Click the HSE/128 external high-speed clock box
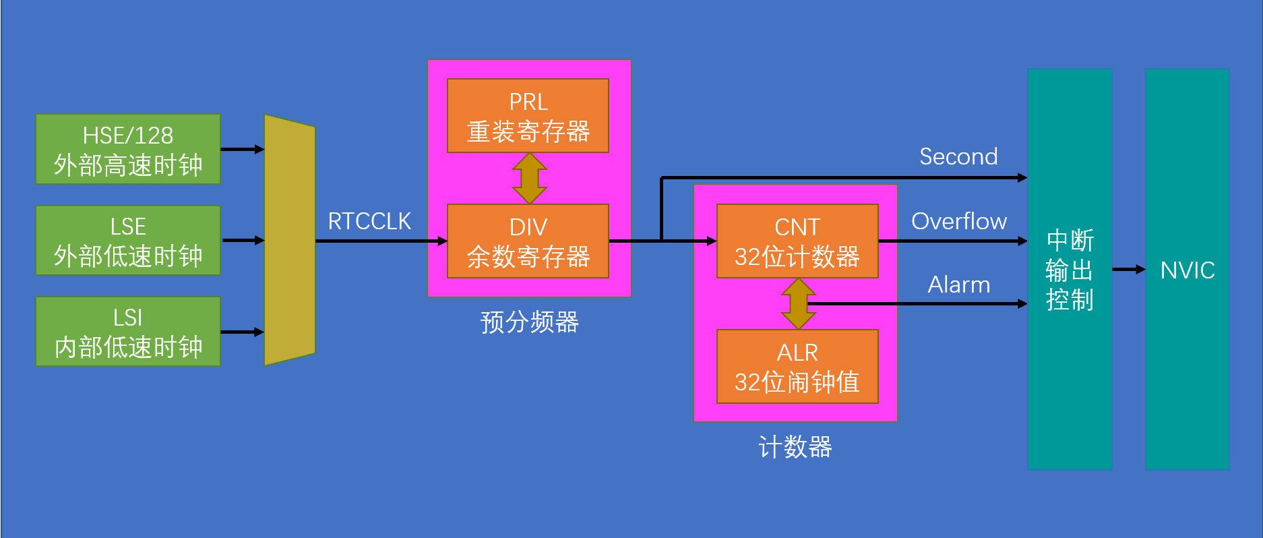(x=128, y=149)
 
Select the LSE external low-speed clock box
(x=128, y=241)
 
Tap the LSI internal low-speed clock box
(x=128, y=332)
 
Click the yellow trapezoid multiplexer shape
(x=290, y=240)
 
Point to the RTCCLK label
(x=369, y=221)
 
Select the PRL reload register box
(x=528, y=116)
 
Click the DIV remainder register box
(x=528, y=241)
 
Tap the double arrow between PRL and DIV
(x=530, y=179)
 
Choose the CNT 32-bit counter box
(x=797, y=241)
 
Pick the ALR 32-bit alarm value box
(x=797, y=367)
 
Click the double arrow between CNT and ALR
(x=798, y=304)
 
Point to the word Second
(x=958, y=156)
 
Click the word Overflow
(x=958, y=221)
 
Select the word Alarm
(x=958, y=285)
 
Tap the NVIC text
(x=1188, y=270)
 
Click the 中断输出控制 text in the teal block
(x=1070, y=270)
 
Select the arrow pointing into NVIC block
(x=1129, y=270)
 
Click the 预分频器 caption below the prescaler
(x=529, y=322)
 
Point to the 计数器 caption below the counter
(x=795, y=447)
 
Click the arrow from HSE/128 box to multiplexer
(x=242, y=149)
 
